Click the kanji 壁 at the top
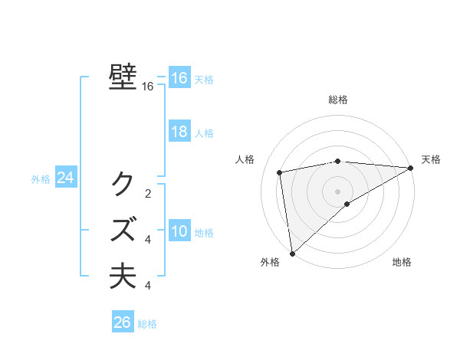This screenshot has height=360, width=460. coord(123,78)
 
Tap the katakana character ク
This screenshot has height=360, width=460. coord(123,184)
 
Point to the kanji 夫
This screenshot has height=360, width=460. coord(123,276)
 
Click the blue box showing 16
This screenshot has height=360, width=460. coord(179,78)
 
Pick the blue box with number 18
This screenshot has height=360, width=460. coord(179,132)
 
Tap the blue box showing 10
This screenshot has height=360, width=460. coord(179,231)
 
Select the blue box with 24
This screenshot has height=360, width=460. coord(65,178)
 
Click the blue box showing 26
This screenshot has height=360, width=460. coord(123,322)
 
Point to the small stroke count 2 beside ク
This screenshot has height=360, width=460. coord(148,194)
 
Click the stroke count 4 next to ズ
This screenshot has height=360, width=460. coord(148,240)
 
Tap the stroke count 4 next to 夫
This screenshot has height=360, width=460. coord(148,286)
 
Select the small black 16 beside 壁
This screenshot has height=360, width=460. coord(148,87)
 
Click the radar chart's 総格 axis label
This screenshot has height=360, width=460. coord(338,100)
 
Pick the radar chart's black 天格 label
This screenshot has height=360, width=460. coord(431,159)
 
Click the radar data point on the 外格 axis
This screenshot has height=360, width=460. coord(292,253)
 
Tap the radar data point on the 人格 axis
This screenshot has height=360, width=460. coord(280,172)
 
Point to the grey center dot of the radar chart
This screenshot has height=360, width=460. coord(337,191)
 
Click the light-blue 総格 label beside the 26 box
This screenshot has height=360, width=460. coord(147,324)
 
